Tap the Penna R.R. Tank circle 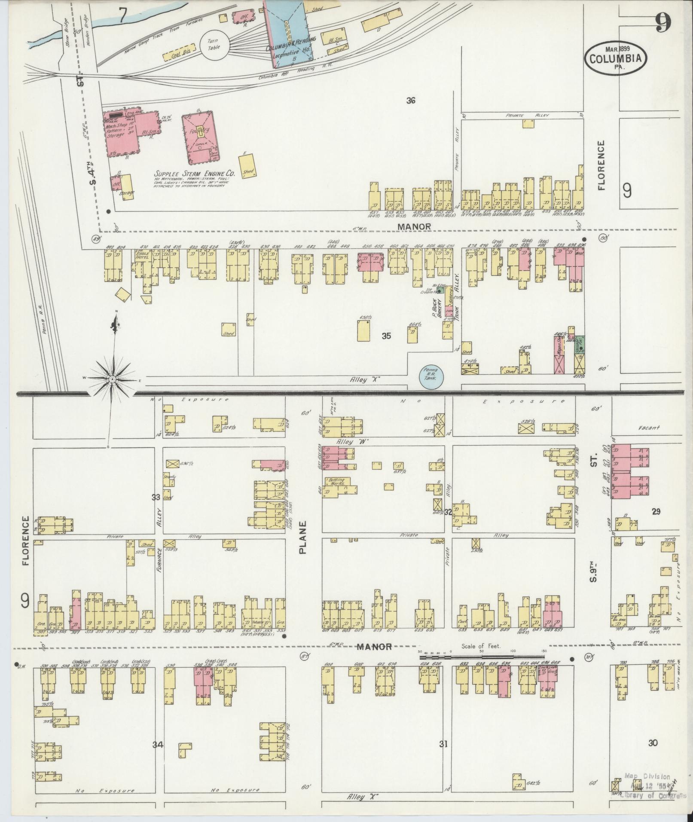point(431,375)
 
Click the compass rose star point(112,379)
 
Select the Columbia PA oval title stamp point(615,56)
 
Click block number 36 point(411,101)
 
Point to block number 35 point(386,336)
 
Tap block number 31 point(443,744)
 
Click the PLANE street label point(303,537)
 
